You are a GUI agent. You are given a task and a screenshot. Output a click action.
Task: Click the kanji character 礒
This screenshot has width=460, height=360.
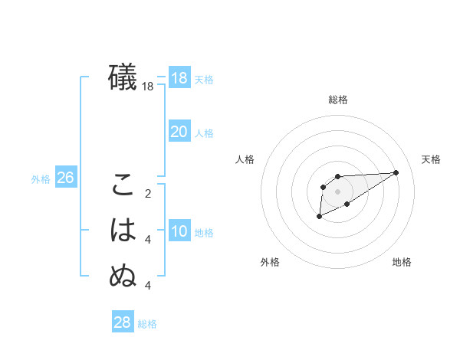coord(123,77)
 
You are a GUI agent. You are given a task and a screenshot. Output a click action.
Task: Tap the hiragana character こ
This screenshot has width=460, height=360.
coord(123,185)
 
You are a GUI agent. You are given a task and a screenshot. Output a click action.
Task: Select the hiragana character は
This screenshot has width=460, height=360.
coord(123,231)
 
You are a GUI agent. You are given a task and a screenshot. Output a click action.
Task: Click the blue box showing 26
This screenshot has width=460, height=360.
coord(65,178)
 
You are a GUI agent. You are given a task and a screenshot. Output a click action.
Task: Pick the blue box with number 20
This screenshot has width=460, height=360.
coord(179,132)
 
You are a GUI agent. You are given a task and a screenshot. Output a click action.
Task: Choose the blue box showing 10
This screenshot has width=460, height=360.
coord(179,231)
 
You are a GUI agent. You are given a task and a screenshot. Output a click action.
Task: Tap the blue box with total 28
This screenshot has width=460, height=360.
coord(123,322)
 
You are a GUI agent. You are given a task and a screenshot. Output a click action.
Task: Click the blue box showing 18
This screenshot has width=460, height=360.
coord(179,77)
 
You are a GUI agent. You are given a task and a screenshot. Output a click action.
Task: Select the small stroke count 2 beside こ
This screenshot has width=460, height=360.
coord(148,193)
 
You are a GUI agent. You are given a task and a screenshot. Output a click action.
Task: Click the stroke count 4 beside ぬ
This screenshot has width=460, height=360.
coord(148,285)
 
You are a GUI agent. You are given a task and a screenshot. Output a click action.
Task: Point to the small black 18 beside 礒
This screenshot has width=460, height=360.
coord(148,87)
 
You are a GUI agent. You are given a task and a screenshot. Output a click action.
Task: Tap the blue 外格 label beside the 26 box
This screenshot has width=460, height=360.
coord(41,179)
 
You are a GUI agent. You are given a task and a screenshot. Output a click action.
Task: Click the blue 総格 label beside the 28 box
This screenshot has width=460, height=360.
coord(148,324)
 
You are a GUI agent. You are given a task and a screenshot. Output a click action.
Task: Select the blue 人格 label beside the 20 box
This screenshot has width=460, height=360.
coord(204,133)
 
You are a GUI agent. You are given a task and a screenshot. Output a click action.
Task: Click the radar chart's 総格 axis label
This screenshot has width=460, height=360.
coord(338,100)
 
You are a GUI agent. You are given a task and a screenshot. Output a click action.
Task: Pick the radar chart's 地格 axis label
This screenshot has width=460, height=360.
coord(402,263)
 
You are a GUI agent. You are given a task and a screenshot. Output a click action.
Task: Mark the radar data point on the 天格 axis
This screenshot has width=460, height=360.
coord(396,172)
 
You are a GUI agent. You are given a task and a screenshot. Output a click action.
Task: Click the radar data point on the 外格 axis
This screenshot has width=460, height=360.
coord(319,218)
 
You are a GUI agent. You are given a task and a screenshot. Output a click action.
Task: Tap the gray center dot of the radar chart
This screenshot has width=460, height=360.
coord(338,191)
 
